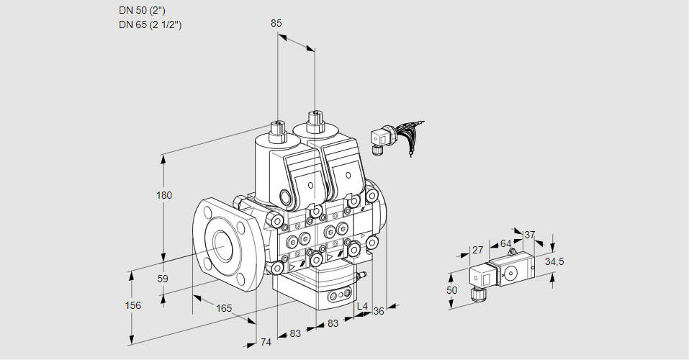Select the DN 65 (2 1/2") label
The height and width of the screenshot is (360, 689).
point(150,24)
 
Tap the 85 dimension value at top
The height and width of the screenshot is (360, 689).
point(276,23)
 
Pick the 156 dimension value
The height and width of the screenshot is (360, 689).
point(132,305)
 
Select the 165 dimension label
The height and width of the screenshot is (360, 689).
point(225,308)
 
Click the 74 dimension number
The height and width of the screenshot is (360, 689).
point(266,342)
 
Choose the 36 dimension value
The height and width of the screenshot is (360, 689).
point(379,311)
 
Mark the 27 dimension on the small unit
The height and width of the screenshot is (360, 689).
point(477,250)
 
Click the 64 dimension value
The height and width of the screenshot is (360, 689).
point(505,243)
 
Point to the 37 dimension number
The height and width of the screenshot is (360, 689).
point(530,235)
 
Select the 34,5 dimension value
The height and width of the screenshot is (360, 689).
point(554,261)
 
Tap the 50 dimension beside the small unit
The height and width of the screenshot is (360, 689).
point(451,289)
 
